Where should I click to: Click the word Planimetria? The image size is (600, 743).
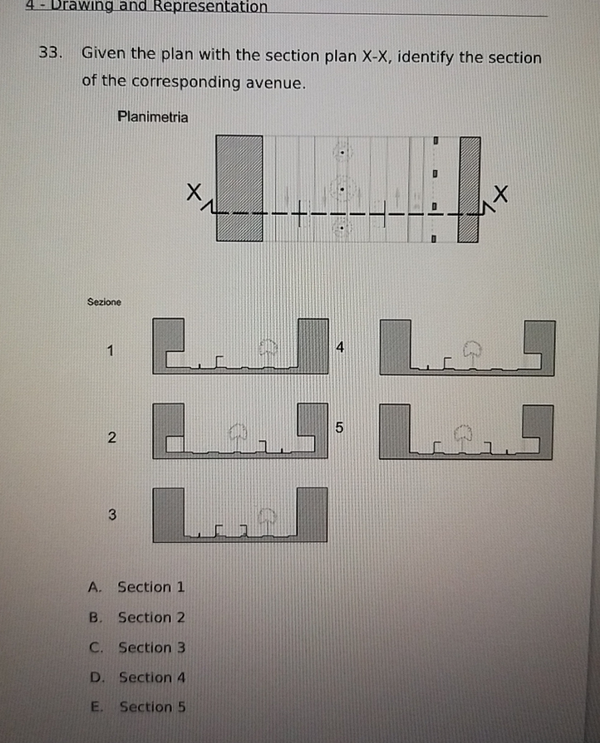[153, 117]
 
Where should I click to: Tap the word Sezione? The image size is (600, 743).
[104, 302]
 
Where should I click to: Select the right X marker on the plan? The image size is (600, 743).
[501, 194]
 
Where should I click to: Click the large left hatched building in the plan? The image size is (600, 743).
[239, 188]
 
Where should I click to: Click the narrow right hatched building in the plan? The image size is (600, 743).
[469, 189]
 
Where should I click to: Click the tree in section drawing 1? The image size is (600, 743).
[268, 350]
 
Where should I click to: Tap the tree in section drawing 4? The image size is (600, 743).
[472, 351]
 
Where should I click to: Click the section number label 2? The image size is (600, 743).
[112, 437]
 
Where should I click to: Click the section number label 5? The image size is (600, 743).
[339, 428]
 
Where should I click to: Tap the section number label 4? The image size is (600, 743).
[340, 347]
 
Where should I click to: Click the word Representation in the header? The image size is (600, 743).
[211, 7]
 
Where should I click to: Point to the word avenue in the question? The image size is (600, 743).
[275, 83]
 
